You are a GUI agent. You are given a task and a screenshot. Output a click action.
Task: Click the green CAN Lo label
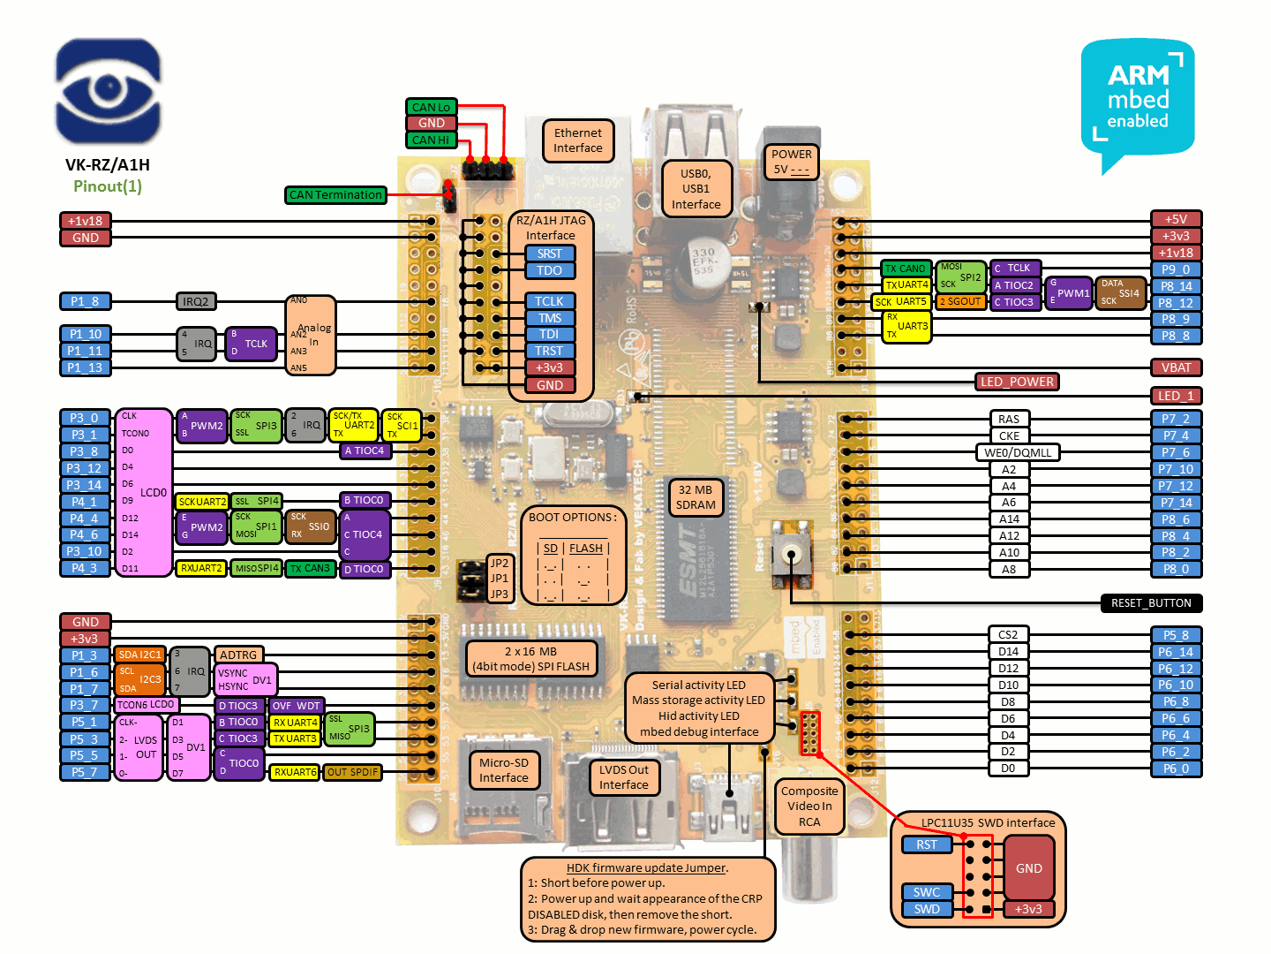click(x=431, y=107)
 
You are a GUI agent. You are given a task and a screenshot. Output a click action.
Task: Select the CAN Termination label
click(x=335, y=195)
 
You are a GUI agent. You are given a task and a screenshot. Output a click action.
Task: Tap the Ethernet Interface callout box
click(x=578, y=140)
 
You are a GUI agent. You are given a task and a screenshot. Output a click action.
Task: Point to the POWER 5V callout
click(x=791, y=162)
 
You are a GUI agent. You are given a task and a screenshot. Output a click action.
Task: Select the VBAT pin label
click(x=1176, y=367)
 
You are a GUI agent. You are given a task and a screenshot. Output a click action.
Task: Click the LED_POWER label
click(x=1017, y=382)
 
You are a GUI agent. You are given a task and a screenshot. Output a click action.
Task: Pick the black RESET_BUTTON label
click(x=1151, y=603)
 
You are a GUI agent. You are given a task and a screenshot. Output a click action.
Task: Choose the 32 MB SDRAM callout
click(x=696, y=497)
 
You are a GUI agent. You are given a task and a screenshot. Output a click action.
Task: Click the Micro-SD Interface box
click(x=504, y=770)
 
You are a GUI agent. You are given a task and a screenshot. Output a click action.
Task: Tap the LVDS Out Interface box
click(x=624, y=777)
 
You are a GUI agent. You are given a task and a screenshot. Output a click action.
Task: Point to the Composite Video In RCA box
click(x=809, y=806)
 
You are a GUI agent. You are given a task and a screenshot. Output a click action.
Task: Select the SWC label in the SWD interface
click(x=927, y=892)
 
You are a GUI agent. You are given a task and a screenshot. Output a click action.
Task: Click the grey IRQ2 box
click(x=196, y=302)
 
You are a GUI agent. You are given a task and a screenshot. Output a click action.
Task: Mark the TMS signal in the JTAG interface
click(x=549, y=318)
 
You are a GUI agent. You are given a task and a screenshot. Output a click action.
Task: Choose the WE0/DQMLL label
click(x=1018, y=452)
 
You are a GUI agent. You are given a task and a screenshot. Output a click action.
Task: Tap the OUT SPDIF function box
click(x=352, y=772)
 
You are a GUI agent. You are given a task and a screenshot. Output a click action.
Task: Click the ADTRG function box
click(x=238, y=655)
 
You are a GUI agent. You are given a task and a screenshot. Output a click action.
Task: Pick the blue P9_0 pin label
click(x=1176, y=269)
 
